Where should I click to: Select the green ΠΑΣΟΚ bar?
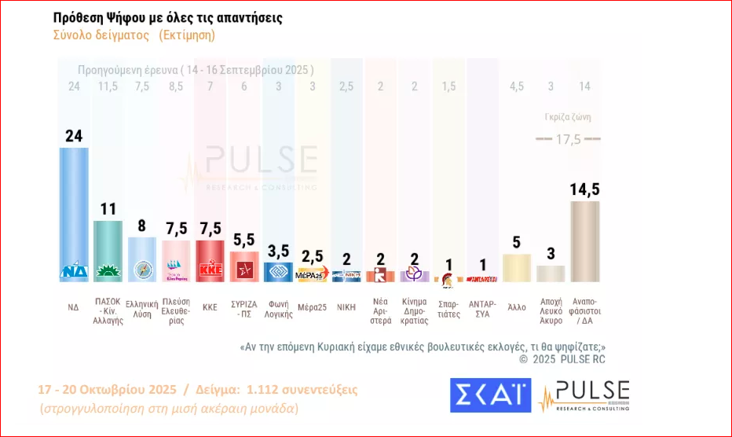(x=108, y=250)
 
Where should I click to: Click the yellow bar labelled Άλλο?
(x=517, y=267)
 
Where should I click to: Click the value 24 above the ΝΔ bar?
(x=74, y=136)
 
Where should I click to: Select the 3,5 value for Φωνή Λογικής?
(x=278, y=252)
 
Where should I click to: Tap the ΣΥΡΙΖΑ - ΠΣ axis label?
(x=244, y=309)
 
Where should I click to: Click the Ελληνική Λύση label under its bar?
(x=142, y=309)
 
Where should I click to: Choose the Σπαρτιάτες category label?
(x=448, y=309)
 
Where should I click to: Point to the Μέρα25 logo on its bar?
(x=312, y=275)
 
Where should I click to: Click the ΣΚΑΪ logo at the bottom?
(x=490, y=395)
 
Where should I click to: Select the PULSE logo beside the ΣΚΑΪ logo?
(x=584, y=395)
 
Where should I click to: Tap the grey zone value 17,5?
(x=568, y=138)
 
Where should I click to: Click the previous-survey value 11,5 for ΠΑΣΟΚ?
(x=108, y=86)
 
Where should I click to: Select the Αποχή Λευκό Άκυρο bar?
(x=551, y=273)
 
